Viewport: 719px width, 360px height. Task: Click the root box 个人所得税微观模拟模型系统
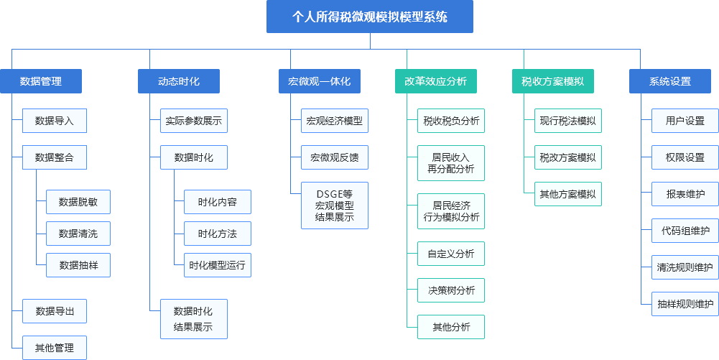coord(370,17)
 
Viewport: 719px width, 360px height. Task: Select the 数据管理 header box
coord(41,81)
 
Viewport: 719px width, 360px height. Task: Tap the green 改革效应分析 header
coord(435,81)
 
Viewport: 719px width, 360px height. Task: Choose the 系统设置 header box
coord(669,81)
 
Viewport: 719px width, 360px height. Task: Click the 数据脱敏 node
coord(78,202)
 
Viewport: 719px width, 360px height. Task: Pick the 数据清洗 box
coord(78,234)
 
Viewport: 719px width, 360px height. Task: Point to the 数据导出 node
coord(55,311)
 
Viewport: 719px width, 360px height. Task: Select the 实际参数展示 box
coord(194,121)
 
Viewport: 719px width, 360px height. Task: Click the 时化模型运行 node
coord(218,265)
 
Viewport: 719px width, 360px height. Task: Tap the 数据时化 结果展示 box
coord(194,319)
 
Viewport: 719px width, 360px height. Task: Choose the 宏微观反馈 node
coord(335,157)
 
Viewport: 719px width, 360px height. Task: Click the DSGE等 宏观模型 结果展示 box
coord(335,206)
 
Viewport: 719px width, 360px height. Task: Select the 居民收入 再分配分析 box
coord(451,163)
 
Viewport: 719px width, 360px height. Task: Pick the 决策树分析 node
coord(451,290)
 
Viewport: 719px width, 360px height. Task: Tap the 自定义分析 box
coord(451,254)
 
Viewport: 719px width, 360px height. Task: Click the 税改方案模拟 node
coord(568,157)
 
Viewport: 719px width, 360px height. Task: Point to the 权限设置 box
coord(685,157)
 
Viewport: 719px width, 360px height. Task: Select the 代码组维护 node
coord(685,231)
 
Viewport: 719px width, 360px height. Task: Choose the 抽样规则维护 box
coord(685,303)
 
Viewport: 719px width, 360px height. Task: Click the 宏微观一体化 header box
coord(320,81)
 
